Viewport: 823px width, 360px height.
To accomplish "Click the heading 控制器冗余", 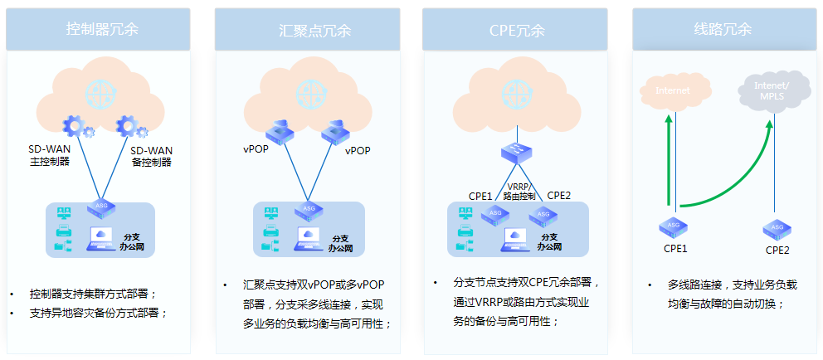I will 102,29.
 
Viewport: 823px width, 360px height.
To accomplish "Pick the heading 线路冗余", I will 723,29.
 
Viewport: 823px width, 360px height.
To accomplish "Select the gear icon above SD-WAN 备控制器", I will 130,126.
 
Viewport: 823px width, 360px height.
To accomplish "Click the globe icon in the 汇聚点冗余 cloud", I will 310,90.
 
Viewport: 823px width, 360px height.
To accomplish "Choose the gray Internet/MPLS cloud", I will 771,91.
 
